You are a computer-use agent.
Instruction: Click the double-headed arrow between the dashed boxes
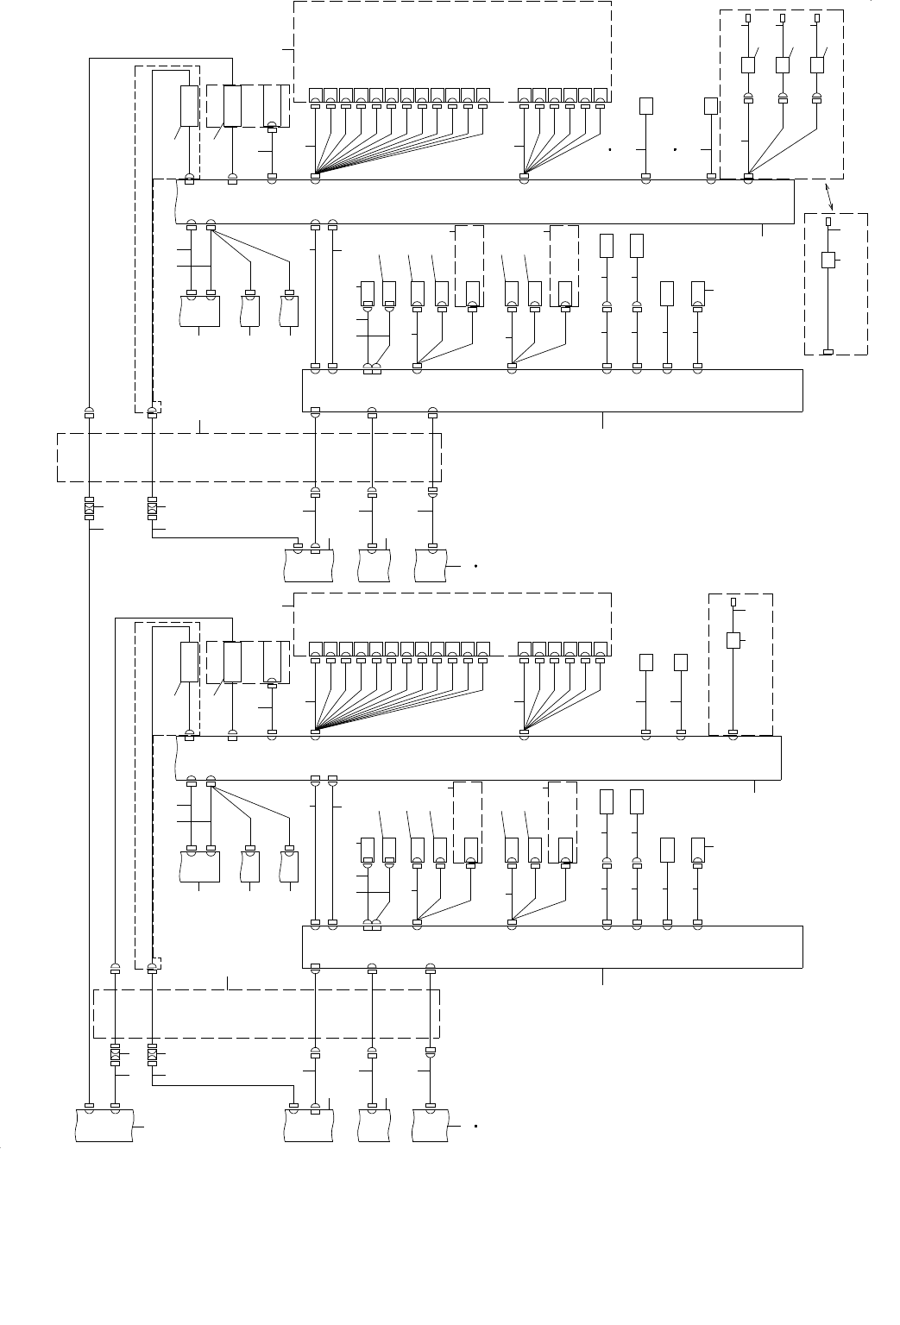[x=829, y=197]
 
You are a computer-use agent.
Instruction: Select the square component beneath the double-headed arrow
[x=828, y=260]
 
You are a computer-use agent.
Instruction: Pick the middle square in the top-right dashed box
[x=783, y=65]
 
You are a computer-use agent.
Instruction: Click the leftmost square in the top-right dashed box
[x=748, y=65]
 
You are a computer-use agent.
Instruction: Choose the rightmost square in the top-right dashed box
[x=817, y=65]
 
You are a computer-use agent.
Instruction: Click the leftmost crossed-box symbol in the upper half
[x=89, y=509]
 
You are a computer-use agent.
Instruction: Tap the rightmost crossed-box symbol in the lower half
[x=152, y=1055]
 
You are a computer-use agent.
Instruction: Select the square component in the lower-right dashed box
[x=733, y=640]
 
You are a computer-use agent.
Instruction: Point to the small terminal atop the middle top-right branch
[x=783, y=17]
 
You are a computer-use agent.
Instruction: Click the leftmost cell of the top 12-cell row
[x=315, y=95]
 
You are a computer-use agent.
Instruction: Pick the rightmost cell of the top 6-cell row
[x=600, y=95]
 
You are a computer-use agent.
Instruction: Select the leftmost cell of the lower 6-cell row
[x=524, y=650]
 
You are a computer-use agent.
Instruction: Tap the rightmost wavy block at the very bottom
[x=431, y=1127]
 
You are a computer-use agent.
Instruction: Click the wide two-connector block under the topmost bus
[x=200, y=311]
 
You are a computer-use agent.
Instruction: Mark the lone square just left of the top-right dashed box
[x=711, y=106]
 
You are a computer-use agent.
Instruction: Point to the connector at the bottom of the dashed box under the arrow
[x=828, y=352]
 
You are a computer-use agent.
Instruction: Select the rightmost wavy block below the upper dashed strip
[x=431, y=565]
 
